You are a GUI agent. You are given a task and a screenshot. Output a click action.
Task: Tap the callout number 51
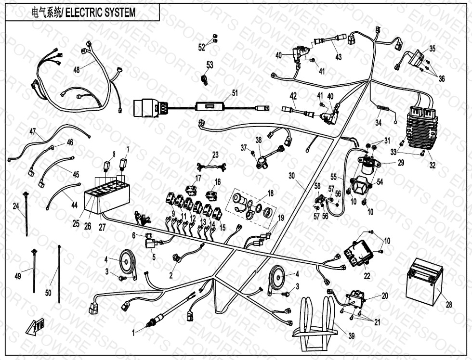[x=235, y=93]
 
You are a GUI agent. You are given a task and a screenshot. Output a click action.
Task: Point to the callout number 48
[x=77, y=70]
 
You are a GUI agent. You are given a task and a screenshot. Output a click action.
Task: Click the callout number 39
[x=352, y=336]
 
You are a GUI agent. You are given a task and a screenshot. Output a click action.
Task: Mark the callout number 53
[x=210, y=64]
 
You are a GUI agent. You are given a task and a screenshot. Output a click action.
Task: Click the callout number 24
[x=16, y=206]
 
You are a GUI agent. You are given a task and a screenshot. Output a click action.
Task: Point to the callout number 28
[x=449, y=304]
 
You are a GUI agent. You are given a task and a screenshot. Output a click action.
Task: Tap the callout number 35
[x=433, y=49]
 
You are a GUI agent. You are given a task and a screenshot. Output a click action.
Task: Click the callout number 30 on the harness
[x=292, y=176]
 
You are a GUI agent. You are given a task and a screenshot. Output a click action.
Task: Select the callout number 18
[x=270, y=193]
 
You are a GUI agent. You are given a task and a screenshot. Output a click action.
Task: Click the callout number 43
[x=339, y=57]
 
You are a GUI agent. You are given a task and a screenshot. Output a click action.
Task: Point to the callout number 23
[x=215, y=155]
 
